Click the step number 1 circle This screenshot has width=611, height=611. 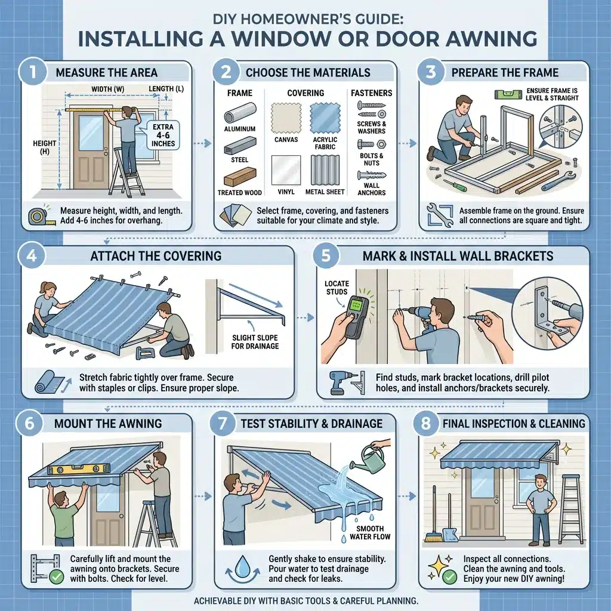coord(30,73)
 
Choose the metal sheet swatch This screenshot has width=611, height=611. coord(324,171)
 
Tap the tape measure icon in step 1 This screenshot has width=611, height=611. coord(38,216)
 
